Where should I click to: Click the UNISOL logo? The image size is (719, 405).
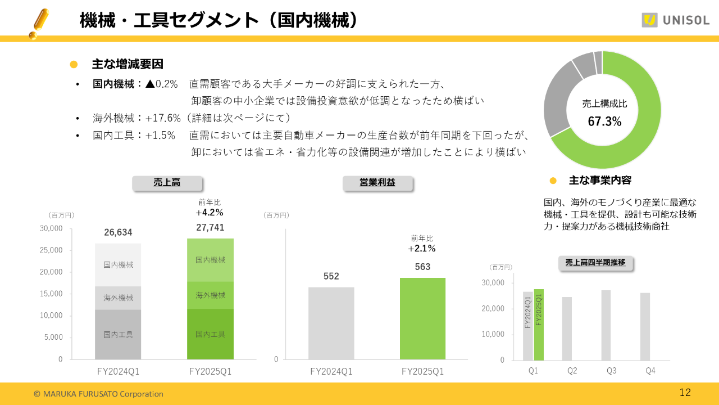pos(676,20)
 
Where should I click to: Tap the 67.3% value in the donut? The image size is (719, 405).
pos(604,121)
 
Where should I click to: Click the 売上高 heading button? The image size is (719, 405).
pos(167,183)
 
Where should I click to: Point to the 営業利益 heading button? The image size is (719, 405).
pos(377,183)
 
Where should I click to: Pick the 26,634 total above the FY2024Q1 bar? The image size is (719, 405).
pos(118,233)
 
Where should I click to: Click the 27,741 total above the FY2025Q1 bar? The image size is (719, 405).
pos(210,227)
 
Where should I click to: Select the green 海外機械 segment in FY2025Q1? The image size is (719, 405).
pos(210,295)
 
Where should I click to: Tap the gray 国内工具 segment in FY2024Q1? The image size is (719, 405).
pos(118,334)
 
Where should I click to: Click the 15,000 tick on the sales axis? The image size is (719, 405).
pos(51,294)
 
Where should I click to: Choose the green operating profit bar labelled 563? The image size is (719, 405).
pos(422,318)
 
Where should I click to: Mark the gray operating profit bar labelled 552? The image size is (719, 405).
pos(331,323)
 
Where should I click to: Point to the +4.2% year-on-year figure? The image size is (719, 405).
pos(210,213)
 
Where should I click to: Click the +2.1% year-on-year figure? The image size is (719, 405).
pos(422,249)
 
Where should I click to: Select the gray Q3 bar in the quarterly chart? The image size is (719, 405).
pos(606,325)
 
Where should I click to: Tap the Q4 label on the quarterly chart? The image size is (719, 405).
pos(650,371)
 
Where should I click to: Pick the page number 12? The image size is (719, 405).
pos(685,393)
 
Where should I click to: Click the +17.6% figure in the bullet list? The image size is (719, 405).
pos(163,118)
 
